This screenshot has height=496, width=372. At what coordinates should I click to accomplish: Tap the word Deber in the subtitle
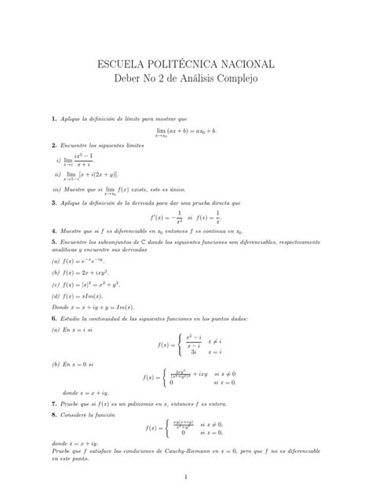pyautogui.click(x=131, y=79)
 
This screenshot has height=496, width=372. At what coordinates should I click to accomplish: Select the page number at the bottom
pyautogui.click(x=186, y=476)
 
